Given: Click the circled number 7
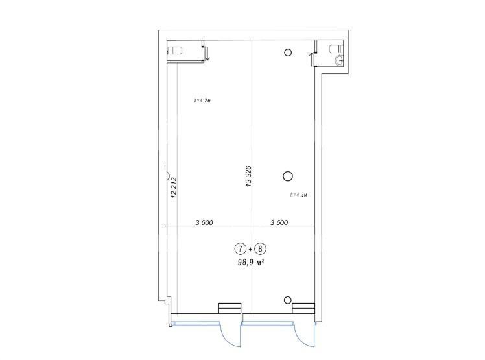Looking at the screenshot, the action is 239,248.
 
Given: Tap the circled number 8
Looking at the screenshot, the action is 261,248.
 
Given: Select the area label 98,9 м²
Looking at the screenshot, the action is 250,263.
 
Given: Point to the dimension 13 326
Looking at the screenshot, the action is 248,176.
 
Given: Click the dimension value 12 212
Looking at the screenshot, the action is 174,187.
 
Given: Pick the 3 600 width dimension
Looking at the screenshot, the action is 204,222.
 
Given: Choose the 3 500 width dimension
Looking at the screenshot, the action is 279,222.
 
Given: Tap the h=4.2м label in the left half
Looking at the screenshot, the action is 202,101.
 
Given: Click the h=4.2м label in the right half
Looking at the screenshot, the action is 298,195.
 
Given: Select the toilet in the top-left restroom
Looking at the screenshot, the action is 174,50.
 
